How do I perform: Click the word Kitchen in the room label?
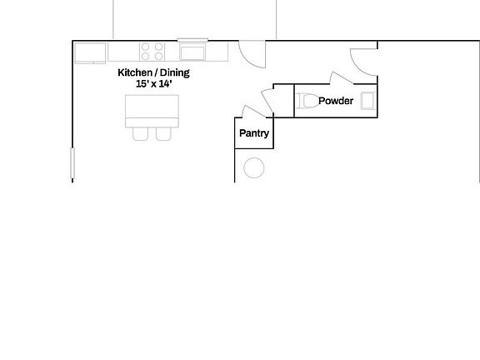tap(134, 72)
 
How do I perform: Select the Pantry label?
tap(253, 132)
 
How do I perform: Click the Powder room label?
tap(336, 101)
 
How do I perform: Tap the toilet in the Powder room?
tap(307, 101)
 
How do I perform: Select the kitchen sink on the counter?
tap(192, 53)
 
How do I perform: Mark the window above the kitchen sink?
tap(192, 39)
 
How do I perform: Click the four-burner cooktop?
tap(152, 52)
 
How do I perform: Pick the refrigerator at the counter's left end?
tap(90, 52)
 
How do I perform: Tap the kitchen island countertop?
tap(152, 110)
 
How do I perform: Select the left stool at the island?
tap(141, 133)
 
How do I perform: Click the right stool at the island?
tap(163, 133)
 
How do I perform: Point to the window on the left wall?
tap(72, 162)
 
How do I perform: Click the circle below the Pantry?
tap(253, 168)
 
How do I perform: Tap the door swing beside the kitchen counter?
tap(251, 54)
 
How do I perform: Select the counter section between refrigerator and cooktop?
tap(122, 52)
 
